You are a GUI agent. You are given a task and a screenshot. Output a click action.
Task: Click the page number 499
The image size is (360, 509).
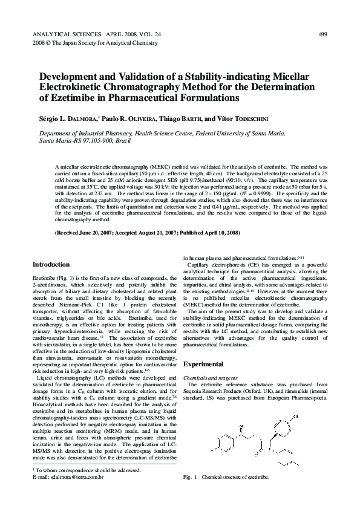323,34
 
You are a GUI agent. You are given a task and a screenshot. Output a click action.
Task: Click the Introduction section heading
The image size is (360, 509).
51,264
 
